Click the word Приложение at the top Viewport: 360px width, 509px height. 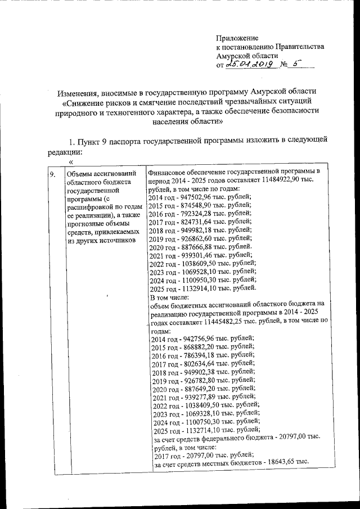coord(237,38)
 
